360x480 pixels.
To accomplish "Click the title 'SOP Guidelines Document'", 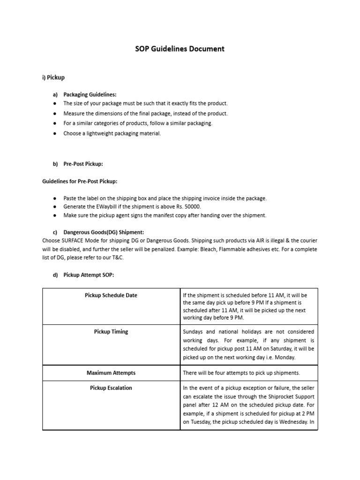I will click(180, 48).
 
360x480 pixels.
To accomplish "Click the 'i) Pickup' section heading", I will click(53, 76).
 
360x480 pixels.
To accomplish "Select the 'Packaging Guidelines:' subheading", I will click(90, 94).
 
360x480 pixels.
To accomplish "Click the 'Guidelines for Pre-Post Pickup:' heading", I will click(80, 181).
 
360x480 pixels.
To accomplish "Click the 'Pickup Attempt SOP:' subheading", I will click(89, 275).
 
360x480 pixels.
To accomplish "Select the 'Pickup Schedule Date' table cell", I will click(111, 295).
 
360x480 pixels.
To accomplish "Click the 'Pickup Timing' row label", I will click(111, 331).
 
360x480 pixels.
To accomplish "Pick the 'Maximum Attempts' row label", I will click(111, 373).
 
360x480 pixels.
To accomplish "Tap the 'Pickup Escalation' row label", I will click(111, 388).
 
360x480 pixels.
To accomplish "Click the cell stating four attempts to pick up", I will click(240, 373).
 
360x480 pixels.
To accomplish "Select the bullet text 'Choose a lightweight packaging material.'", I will click(112, 134).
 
